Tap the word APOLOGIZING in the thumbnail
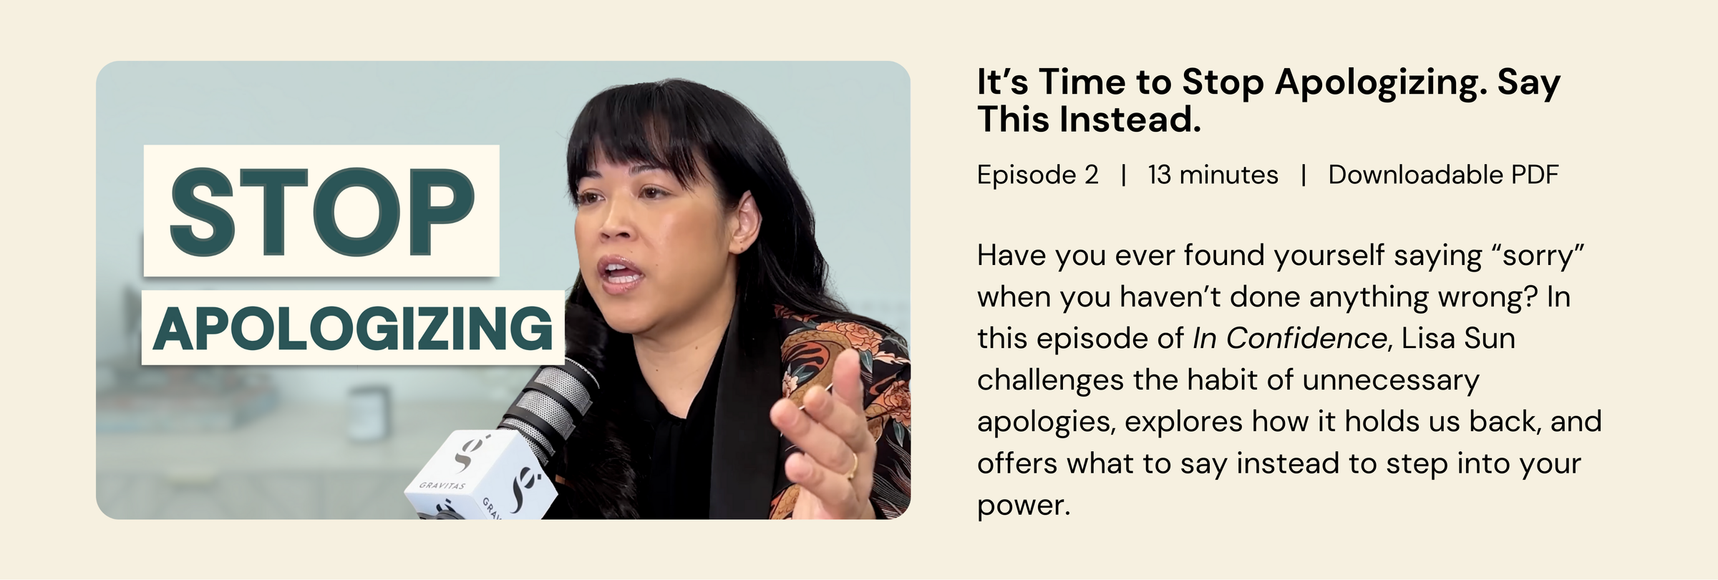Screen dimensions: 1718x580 click(x=353, y=328)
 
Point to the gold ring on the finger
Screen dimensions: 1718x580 click(x=853, y=465)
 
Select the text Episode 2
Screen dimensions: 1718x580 click(x=1037, y=175)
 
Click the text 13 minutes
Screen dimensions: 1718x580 click(x=1213, y=175)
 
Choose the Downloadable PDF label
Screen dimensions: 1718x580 click(x=1443, y=175)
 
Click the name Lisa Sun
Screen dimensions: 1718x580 click(x=1458, y=338)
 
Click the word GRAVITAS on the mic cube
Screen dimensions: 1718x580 click(x=442, y=485)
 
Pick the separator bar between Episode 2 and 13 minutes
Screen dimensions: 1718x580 click(x=1124, y=175)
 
